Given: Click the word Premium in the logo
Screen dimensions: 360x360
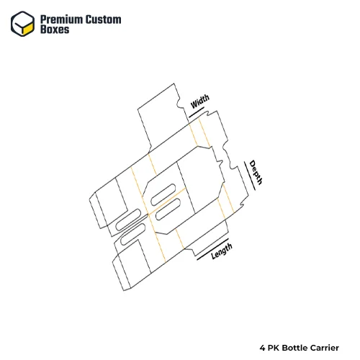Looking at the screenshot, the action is (x=61, y=19).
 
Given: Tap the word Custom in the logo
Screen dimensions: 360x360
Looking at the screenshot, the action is (x=104, y=19).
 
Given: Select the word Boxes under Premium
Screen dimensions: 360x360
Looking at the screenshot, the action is (x=55, y=30).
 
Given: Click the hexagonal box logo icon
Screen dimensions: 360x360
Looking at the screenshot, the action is (x=22, y=24).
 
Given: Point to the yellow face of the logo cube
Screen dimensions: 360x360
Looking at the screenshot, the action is (x=28, y=28).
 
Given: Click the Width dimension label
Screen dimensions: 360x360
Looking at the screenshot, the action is (x=199, y=102).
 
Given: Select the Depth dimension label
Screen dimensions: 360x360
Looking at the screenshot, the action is (x=256, y=172).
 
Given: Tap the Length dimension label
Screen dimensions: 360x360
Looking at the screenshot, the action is (x=222, y=251).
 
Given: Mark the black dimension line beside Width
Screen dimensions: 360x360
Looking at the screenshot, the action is (x=197, y=112).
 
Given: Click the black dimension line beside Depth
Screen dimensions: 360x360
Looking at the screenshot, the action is (x=250, y=176).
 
